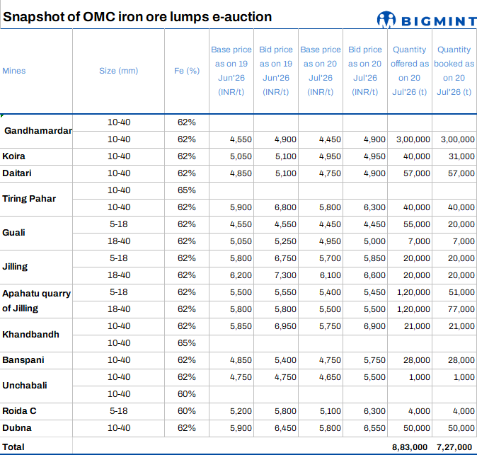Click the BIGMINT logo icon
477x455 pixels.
(x=386, y=20)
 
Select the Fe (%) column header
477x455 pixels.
(x=187, y=71)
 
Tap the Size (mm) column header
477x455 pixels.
(x=119, y=71)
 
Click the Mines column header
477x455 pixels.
(x=14, y=71)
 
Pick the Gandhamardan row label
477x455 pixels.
(x=38, y=131)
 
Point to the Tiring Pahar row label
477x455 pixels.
(x=29, y=199)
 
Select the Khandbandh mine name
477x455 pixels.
(x=30, y=335)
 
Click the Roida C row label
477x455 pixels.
(x=19, y=411)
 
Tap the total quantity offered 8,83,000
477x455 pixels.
(x=410, y=447)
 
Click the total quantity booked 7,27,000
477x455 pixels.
(x=454, y=447)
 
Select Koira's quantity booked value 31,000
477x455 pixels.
(x=461, y=156)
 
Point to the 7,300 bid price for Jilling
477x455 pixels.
(x=285, y=275)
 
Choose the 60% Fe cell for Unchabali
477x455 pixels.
(x=186, y=394)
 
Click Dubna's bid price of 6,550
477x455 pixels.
(x=374, y=428)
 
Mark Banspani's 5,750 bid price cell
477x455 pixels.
(x=374, y=360)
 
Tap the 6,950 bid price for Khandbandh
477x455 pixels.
(x=285, y=326)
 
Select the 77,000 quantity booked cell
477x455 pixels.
(x=461, y=309)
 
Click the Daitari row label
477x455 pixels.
(x=17, y=173)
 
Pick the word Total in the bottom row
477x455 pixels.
(x=13, y=447)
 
